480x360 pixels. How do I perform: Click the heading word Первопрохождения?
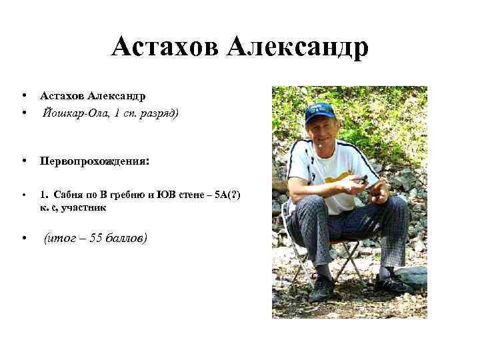pyautogui.click(x=95, y=161)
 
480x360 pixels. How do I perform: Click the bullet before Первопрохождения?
pyautogui.click(x=23, y=161)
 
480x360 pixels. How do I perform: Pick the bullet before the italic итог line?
pyautogui.click(x=23, y=238)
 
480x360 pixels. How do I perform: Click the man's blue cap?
pyautogui.click(x=320, y=111)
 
